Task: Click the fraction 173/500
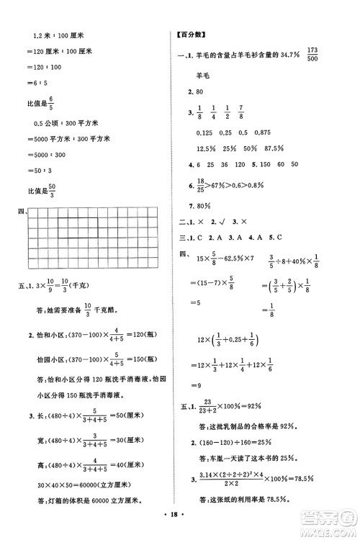pos(312,54)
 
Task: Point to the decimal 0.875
pos(263,132)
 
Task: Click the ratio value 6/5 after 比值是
pos(52,104)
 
